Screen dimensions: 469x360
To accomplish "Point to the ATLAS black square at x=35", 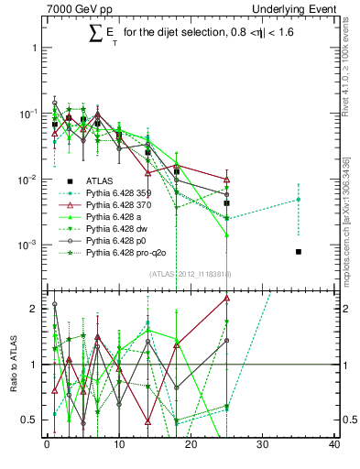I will pos(299,251).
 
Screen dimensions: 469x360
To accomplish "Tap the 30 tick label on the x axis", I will pos(263,446).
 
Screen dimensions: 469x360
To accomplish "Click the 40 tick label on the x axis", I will pos(334,446).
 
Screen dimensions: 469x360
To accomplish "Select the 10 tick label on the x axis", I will pos(119,446).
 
